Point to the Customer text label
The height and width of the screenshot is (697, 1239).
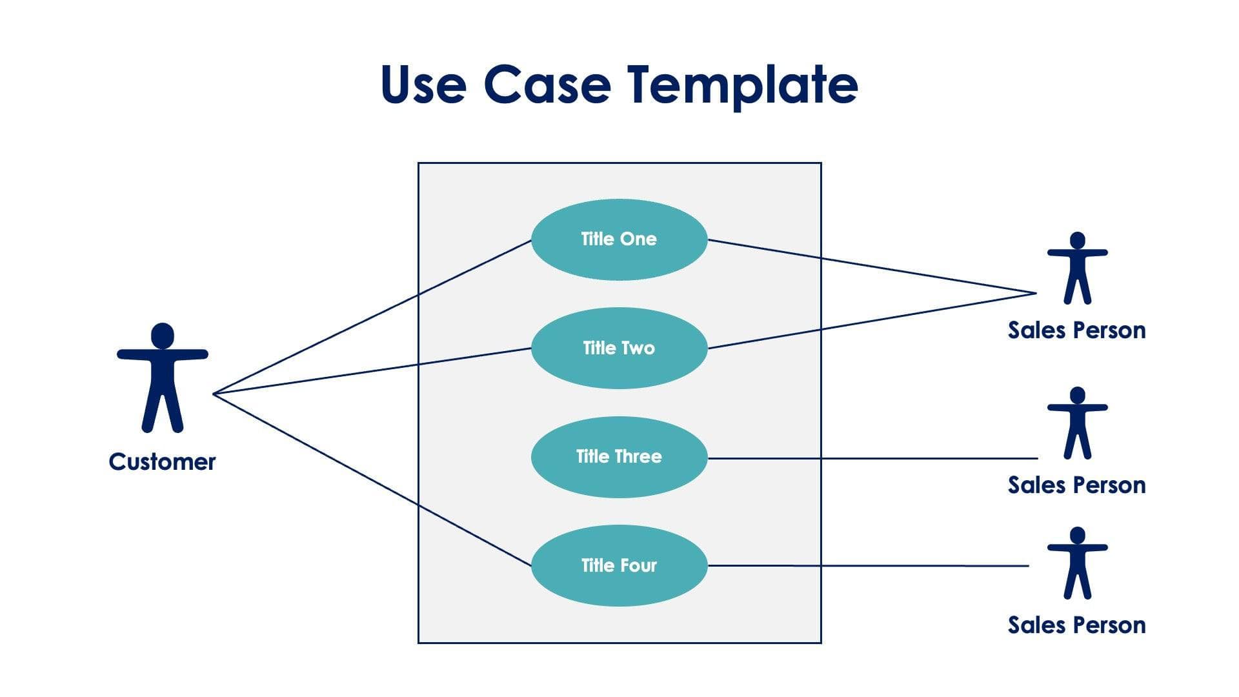click(162, 462)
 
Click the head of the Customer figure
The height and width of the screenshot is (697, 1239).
click(163, 336)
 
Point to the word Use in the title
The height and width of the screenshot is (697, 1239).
click(423, 85)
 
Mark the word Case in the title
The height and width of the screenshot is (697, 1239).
click(547, 85)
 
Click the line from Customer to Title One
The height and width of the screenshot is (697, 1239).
click(372, 317)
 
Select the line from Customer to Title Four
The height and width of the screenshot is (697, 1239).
click(372, 480)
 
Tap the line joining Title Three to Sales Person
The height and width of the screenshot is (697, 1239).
click(871, 458)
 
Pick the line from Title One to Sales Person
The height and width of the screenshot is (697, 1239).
click(871, 267)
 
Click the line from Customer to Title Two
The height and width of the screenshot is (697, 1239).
click(372, 371)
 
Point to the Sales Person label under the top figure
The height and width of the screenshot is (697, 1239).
click(1076, 330)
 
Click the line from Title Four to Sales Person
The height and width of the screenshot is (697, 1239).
click(871, 566)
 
